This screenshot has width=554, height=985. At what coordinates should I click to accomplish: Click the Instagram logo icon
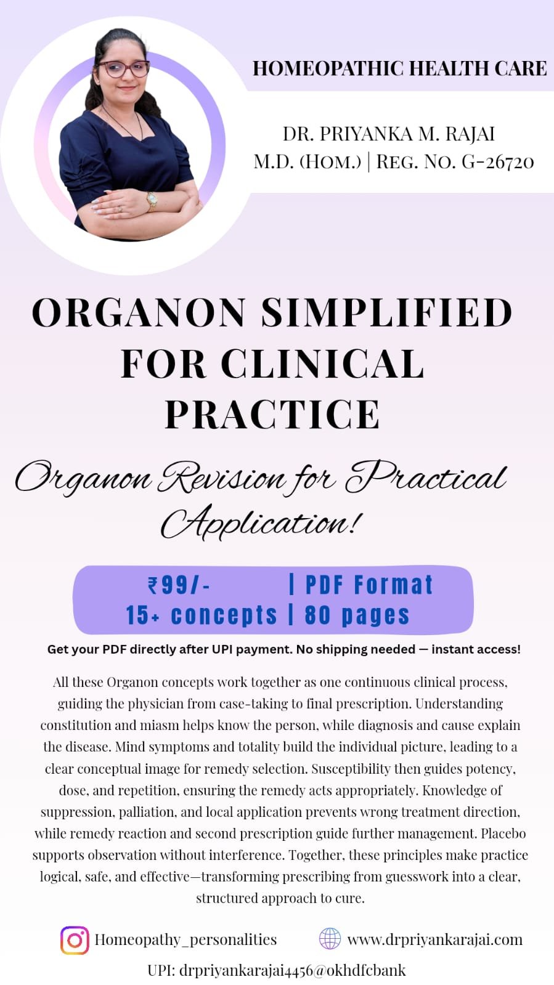coord(75,940)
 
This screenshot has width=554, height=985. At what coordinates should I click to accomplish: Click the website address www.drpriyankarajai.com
coord(434,939)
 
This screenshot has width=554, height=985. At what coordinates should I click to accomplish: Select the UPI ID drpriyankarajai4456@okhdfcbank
coord(276,970)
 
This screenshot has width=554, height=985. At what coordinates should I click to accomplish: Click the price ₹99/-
coord(179,585)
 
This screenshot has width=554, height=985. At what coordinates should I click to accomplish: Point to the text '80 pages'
coord(357,615)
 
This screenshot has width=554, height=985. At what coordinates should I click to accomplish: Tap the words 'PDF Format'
coord(369,585)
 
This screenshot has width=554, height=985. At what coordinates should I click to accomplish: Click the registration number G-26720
coord(498,162)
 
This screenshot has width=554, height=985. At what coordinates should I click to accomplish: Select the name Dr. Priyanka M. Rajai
coord(389,134)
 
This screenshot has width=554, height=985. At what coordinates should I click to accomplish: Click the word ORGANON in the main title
coord(138,312)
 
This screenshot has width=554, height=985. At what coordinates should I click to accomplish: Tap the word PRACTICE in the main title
coord(272,414)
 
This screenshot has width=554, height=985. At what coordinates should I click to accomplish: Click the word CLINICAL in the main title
coord(322,363)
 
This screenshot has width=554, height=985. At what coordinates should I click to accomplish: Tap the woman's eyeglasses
coord(124,69)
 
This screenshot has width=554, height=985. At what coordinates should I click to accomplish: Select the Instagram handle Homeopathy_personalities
coord(185,940)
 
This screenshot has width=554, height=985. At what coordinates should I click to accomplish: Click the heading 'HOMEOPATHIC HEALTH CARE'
coord(399,68)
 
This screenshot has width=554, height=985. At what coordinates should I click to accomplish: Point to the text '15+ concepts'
coord(201,615)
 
